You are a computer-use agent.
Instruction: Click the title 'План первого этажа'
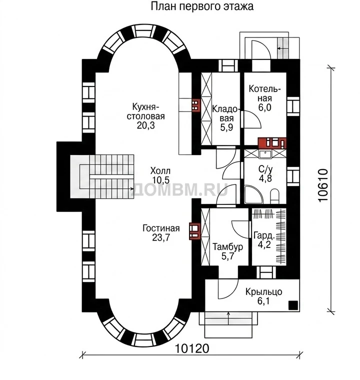point(202,6)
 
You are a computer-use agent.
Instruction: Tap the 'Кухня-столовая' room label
point(145,111)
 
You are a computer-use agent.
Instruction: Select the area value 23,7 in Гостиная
point(161,237)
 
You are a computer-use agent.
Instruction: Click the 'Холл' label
point(160,171)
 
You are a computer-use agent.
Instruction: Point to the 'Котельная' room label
point(264,94)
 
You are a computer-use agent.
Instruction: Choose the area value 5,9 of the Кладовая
point(226,127)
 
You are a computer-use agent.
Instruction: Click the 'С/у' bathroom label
point(265,169)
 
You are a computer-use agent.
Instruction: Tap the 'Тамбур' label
point(227,247)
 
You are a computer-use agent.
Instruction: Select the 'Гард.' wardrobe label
point(264,235)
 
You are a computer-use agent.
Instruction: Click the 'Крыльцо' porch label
point(264,291)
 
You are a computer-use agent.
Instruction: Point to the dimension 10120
point(191,348)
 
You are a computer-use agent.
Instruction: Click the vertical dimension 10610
point(323,185)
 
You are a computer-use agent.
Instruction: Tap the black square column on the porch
point(293,305)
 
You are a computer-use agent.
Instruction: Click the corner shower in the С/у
point(253,194)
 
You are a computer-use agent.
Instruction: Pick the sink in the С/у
point(265,154)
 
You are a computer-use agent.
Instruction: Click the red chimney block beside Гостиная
point(194,230)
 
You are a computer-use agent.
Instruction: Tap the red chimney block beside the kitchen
point(196,105)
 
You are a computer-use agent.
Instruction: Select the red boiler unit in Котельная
point(272,143)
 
